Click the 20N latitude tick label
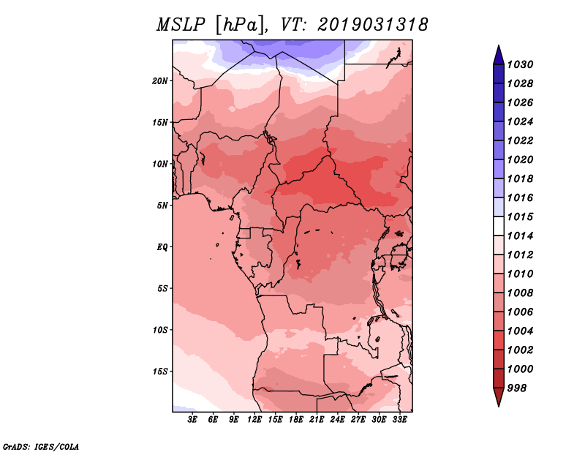click(x=160, y=81)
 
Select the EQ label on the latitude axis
click(x=162, y=247)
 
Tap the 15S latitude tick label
click(x=160, y=372)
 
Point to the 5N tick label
click(x=162, y=206)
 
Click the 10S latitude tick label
click(x=160, y=330)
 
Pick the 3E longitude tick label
click(x=192, y=419)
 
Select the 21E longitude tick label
click(x=317, y=419)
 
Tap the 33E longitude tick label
click(x=399, y=419)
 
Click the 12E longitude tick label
click(x=254, y=419)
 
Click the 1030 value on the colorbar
click(x=521, y=64)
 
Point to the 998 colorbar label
click(x=517, y=388)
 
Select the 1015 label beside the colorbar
click(x=521, y=216)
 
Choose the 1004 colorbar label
click(x=521, y=331)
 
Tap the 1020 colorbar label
click(x=521, y=159)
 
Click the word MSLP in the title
click(x=181, y=25)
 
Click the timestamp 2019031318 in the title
click(x=373, y=25)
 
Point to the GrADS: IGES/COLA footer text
click(x=41, y=447)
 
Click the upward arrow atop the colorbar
click(x=499, y=55)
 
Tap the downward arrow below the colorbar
click(x=499, y=397)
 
